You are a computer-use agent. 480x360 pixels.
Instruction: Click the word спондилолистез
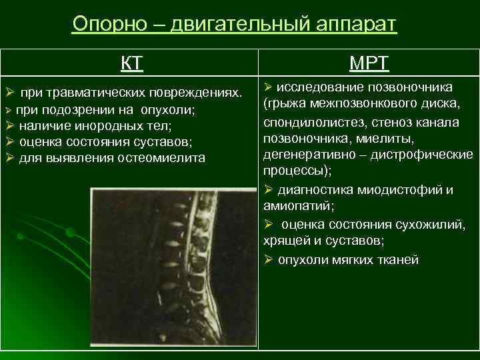307,122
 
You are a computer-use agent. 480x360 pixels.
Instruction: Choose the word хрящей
285,241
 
